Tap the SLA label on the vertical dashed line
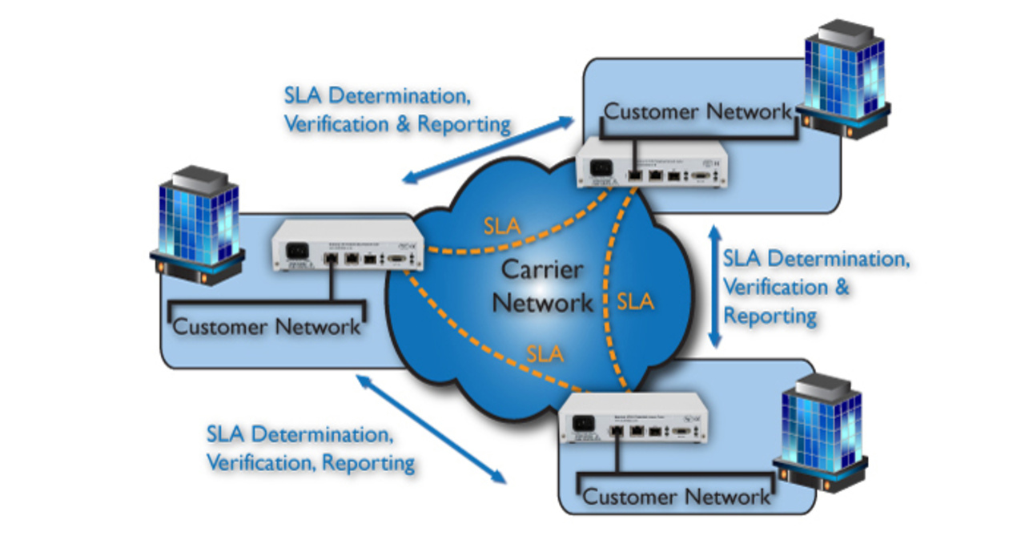(x=636, y=301)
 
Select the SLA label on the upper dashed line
(x=501, y=226)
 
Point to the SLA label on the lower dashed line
(x=546, y=353)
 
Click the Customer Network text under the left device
(x=267, y=326)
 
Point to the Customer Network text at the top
(x=697, y=111)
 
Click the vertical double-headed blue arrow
(x=715, y=287)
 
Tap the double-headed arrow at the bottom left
(x=432, y=429)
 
